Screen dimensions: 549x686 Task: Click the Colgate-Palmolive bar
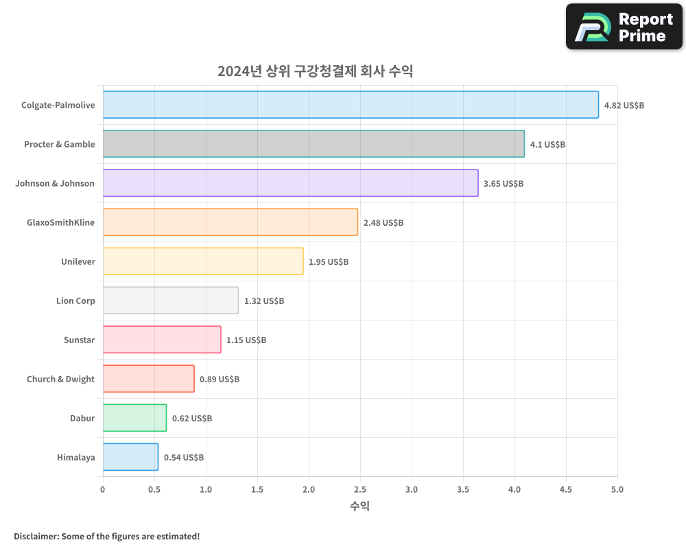(x=351, y=105)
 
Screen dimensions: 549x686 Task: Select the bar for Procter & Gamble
(x=314, y=144)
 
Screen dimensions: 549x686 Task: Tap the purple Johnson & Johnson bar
(x=290, y=183)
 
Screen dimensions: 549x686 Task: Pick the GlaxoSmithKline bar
(x=230, y=222)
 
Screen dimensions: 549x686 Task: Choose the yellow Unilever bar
(x=203, y=261)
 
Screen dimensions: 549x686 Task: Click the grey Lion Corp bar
(x=171, y=301)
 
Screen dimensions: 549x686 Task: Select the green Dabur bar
(x=134, y=418)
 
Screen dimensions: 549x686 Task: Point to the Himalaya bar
(x=130, y=457)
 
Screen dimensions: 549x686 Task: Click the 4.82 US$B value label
(x=624, y=106)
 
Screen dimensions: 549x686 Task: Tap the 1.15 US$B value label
(x=246, y=340)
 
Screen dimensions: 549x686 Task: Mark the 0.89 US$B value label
(x=220, y=379)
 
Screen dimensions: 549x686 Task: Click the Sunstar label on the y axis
(x=79, y=340)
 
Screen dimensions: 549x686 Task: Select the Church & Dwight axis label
(x=61, y=379)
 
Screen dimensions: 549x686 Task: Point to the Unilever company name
(x=78, y=262)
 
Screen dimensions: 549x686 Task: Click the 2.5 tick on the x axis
(x=360, y=490)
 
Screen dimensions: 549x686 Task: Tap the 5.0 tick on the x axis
(x=617, y=490)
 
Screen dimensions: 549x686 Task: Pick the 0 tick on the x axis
(x=103, y=490)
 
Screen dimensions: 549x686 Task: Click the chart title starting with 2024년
(x=315, y=71)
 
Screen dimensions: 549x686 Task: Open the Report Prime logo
(x=624, y=27)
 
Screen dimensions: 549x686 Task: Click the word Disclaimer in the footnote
(x=36, y=537)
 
